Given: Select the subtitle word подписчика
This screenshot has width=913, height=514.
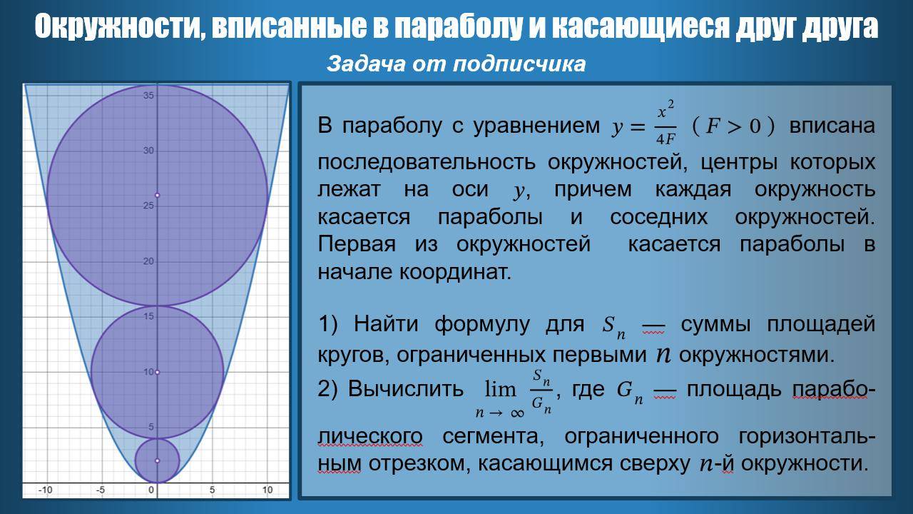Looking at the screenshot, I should [x=519, y=64].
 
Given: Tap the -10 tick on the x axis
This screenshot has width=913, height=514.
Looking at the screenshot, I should [x=46, y=490].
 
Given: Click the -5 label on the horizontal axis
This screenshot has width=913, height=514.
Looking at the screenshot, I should [x=101, y=490].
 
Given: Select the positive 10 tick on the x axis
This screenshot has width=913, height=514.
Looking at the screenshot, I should [x=267, y=490].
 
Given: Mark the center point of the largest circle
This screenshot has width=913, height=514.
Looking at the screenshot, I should [x=158, y=195].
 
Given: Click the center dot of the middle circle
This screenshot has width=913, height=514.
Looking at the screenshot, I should [x=158, y=372].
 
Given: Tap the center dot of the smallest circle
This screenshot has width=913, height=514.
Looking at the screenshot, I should [x=158, y=460].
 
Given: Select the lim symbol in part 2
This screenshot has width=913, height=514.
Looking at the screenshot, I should [x=500, y=389].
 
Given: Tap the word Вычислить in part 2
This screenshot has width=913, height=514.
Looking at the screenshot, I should [x=406, y=389].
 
